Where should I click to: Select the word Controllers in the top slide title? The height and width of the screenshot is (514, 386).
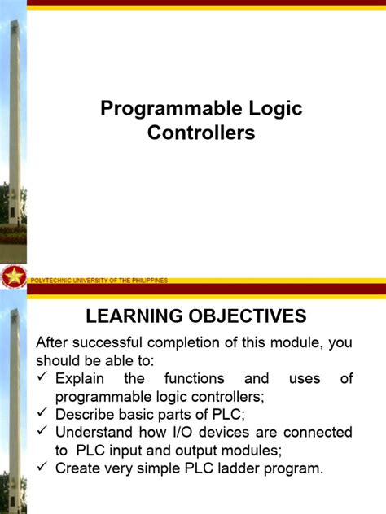click(x=201, y=133)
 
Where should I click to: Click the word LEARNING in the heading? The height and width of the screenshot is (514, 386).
click(x=137, y=316)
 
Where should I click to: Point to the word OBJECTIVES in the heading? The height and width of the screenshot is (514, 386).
click(x=249, y=316)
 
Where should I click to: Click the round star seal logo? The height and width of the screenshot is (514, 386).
click(x=13, y=277)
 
